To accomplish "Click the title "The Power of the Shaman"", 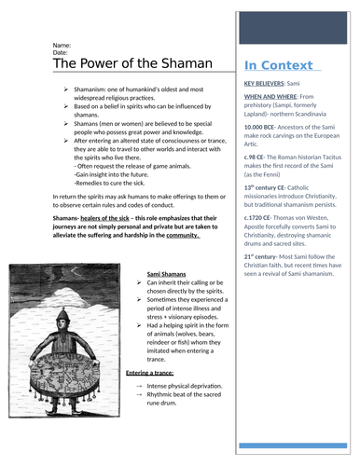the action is (119, 64).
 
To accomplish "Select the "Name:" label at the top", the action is (62, 45).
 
